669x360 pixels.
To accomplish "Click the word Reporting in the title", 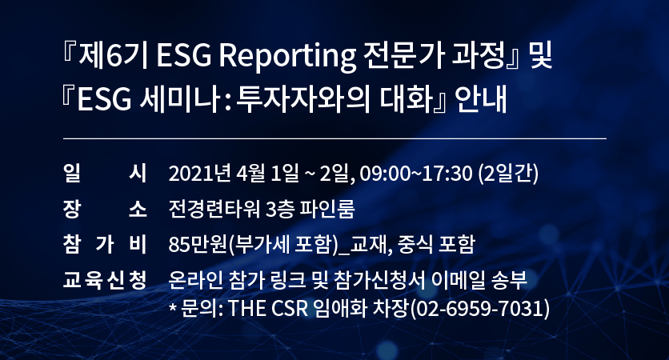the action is (287, 56).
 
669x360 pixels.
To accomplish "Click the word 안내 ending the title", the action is (480, 99).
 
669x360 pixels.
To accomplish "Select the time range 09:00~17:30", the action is (416, 174).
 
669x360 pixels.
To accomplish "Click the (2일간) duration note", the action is (508, 174).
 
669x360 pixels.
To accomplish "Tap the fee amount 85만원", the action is (197, 245).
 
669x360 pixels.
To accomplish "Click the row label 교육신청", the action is (105, 280).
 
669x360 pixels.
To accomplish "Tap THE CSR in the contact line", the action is (268, 308).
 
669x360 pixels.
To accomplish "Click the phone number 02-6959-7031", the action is (479, 308).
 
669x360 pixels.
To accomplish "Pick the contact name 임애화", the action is (339, 308).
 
